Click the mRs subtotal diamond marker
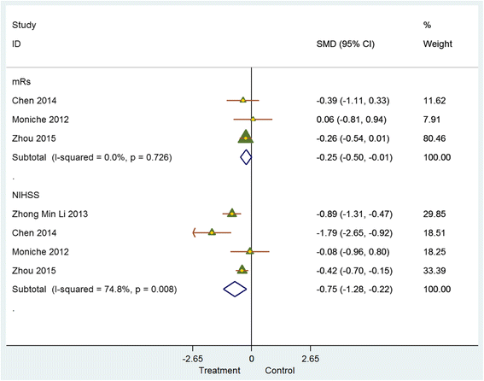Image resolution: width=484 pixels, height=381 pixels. (x=246, y=156)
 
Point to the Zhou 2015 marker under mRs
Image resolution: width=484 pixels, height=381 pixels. (x=246, y=137)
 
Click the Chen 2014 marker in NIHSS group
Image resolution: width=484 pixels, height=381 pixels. (x=212, y=232)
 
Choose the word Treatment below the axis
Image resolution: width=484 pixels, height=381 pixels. (x=219, y=371)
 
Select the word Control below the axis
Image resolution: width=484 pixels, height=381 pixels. (x=279, y=371)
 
